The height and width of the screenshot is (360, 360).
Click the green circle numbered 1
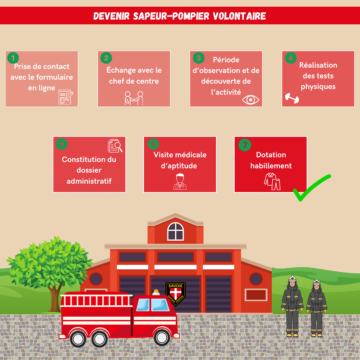coord(13,58)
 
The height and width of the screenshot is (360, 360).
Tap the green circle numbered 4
coord(291,58)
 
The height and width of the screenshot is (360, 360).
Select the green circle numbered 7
coord(245,145)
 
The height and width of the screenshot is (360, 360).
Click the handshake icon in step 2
coord(134,98)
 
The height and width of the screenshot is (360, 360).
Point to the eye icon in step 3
coord(251,99)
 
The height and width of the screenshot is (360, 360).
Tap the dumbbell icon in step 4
coord(292,98)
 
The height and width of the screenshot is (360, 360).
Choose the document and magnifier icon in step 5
coord(115,146)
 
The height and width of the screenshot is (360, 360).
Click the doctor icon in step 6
coord(180,182)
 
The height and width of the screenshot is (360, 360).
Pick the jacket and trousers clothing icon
coord(272,181)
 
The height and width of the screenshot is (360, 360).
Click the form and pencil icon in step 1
coord(66,97)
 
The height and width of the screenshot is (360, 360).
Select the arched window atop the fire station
coord(175,231)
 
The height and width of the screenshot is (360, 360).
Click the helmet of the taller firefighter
coord(292,279)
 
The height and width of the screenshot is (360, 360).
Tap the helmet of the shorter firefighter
coord(316,283)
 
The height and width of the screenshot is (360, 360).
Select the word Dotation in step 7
coord(271,155)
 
